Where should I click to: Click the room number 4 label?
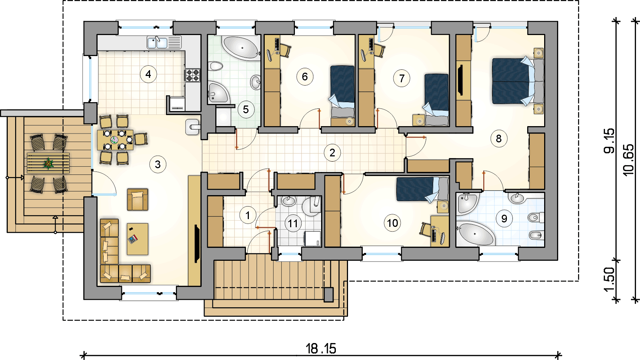pos(148,74)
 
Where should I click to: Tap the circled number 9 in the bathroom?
pos(504,219)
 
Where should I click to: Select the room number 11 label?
pos(293,224)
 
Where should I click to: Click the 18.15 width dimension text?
pos(321,348)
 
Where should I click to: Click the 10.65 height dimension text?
pos(628,160)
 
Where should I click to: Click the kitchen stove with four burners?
pos(192,75)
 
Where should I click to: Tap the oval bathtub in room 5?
pos(240,47)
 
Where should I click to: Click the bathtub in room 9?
pos(475,234)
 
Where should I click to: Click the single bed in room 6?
pos(342,96)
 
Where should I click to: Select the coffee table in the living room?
pos(138,239)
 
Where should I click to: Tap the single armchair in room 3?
pos(138,200)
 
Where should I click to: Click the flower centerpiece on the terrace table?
pos(48,163)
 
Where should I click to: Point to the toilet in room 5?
pos(216,66)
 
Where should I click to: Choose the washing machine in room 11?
pos(313,239)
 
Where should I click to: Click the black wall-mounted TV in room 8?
pos(460,80)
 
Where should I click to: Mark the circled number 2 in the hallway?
pos(332,153)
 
